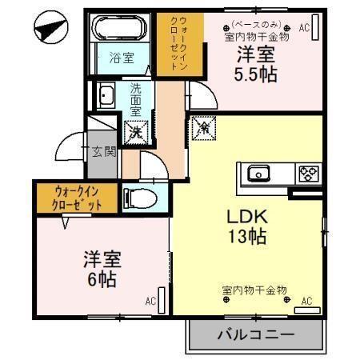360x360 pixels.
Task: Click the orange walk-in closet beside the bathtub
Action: (x=173, y=46)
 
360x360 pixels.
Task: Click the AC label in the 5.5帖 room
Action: (x=304, y=28)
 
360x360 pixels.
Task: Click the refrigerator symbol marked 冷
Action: (x=202, y=126)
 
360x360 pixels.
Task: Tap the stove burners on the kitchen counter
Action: (x=308, y=174)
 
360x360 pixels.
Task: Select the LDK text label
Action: (x=243, y=218)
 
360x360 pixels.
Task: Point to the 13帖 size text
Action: (x=245, y=237)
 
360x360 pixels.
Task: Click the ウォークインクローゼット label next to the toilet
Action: (x=78, y=198)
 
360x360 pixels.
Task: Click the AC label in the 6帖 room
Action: (x=150, y=302)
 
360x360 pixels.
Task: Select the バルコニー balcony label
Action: (x=254, y=334)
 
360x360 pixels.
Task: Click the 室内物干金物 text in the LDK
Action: (x=254, y=290)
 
